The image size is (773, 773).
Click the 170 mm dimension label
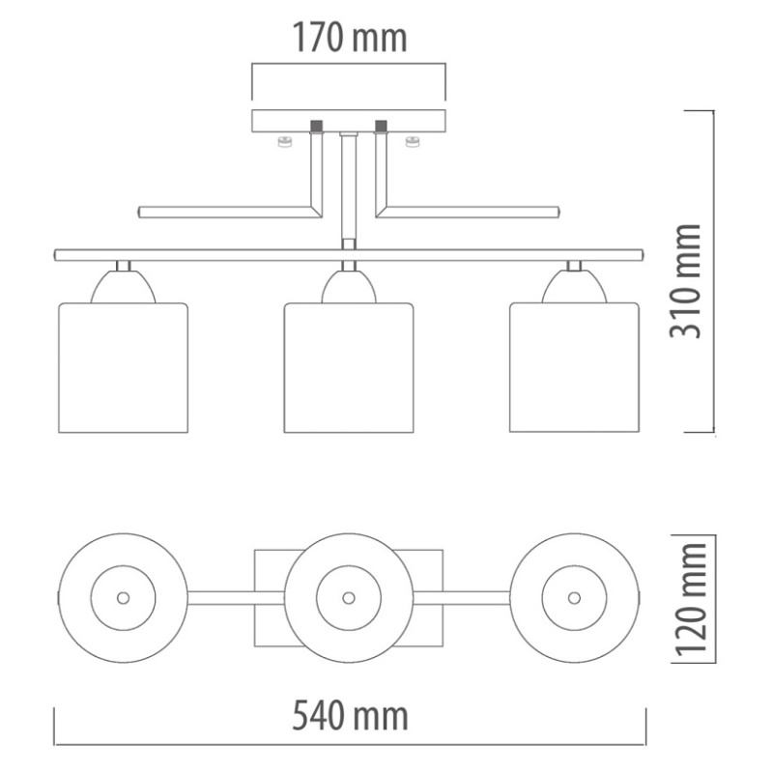[x=350, y=39]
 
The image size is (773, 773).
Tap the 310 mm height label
[x=687, y=280]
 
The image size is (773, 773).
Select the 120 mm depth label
[x=688, y=598]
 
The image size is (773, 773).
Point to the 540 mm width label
[x=350, y=716]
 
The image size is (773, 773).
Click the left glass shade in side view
[x=123, y=367]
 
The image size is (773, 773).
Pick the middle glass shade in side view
[x=349, y=367]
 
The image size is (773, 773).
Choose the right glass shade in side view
[x=575, y=367]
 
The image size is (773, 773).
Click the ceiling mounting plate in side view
[x=349, y=122]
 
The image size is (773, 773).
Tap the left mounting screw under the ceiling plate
[x=284, y=143]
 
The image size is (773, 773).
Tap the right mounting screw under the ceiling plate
[x=414, y=143]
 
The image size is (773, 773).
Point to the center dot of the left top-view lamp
[x=123, y=597]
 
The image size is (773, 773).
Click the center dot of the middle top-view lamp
[x=349, y=597]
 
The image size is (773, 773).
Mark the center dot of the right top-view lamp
[x=576, y=597]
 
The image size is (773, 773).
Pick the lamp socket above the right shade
[x=574, y=287]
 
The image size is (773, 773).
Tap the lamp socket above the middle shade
[x=349, y=287]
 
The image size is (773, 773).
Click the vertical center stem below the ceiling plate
[x=349, y=188]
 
